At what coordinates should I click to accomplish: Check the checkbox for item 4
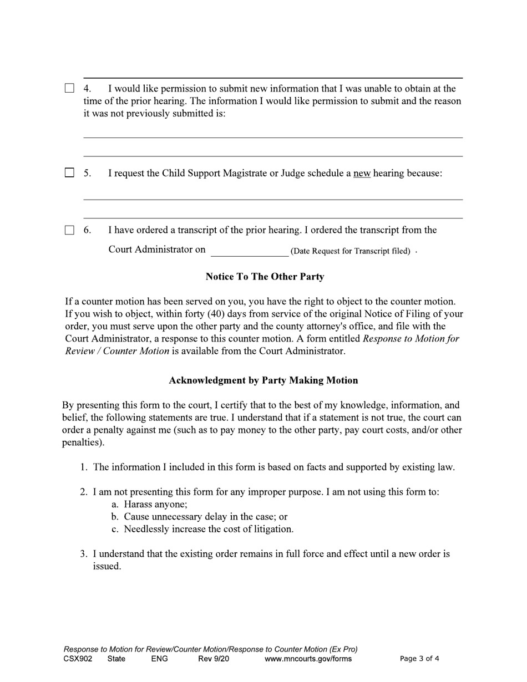69,88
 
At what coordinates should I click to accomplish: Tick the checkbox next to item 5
69,173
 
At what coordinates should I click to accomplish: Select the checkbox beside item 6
69,230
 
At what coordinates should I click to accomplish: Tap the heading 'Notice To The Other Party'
265,277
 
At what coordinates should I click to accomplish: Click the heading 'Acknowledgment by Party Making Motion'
263,380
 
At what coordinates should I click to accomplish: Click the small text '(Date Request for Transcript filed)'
350,251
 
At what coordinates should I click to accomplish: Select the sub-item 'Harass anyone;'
155,505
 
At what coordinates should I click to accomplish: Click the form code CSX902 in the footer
78,659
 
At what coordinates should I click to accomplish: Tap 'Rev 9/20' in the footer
214,659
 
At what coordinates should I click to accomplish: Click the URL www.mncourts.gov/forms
308,659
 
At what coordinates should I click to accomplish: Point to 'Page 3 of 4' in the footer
419,659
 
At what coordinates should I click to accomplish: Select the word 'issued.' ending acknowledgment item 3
107,567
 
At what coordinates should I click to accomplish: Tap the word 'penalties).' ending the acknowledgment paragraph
83,442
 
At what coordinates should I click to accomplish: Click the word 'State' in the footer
116,659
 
